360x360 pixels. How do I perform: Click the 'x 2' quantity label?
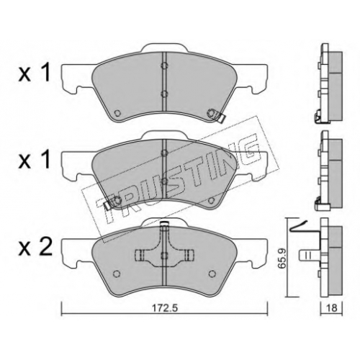tap(35, 247)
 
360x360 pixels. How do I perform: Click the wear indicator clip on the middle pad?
tap(107, 205)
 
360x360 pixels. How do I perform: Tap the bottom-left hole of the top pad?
tap(117, 112)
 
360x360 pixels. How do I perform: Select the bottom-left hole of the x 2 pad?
tap(117, 274)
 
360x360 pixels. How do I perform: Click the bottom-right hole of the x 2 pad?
tap(212, 274)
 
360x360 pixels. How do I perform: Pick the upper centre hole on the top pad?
tap(164, 66)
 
